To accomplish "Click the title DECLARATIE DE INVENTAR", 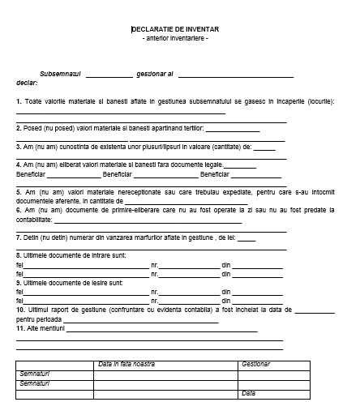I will click(175, 29).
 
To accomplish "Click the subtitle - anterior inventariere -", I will click(175, 38).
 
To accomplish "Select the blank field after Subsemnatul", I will click(109, 75).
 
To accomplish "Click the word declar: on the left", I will click(27, 83).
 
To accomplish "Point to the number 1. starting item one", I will click(19, 100).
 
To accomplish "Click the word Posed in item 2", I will click(34, 128).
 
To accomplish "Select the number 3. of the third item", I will click(19, 147).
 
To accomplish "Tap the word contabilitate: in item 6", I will click(34, 219).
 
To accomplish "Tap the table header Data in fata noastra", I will click(126, 364).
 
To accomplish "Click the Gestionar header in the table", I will click(256, 364).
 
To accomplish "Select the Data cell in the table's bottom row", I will click(248, 393).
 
